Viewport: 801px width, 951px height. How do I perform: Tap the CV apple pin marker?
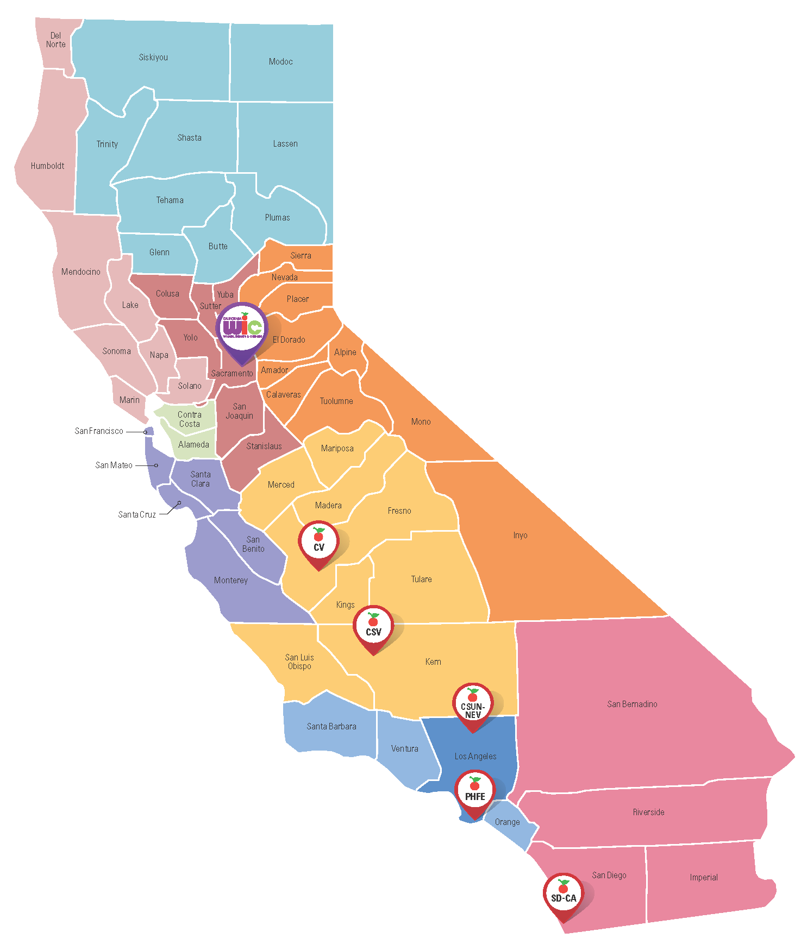point(319,543)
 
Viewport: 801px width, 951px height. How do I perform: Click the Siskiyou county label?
point(153,57)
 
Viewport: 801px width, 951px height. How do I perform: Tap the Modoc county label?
point(280,62)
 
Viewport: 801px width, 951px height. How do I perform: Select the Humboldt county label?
point(47,166)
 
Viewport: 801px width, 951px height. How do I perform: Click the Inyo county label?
point(520,535)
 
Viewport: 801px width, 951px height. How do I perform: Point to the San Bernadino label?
point(632,704)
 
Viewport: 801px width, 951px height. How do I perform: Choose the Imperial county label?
point(704,877)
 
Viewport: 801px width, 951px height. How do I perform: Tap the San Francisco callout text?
point(99,431)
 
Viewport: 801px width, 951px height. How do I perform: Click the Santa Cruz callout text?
point(137,514)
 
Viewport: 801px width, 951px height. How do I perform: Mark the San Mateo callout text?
point(114,465)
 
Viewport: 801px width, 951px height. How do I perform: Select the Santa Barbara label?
point(331,726)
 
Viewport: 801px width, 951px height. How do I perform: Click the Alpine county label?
point(345,352)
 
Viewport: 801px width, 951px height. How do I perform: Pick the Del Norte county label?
point(55,40)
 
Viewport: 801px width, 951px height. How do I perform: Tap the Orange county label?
point(507,822)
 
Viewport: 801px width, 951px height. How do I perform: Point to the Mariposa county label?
point(337,448)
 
